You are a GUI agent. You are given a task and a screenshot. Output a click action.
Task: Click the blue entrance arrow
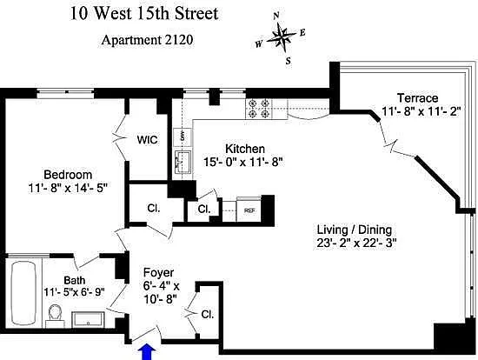point(147,352)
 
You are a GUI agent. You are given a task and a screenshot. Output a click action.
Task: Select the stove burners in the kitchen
point(259,109)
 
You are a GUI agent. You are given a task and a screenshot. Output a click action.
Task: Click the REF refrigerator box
point(249,210)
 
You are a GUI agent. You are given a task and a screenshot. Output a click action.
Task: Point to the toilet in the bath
point(55,317)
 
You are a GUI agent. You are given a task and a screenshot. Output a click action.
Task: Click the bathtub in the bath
point(23,294)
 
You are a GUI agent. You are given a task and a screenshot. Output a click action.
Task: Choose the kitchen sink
point(183,162)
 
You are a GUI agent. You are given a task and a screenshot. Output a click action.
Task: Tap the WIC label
point(147,140)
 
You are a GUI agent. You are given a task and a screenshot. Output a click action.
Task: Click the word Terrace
point(418,98)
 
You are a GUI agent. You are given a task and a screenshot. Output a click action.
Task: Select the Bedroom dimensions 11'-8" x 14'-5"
point(69,188)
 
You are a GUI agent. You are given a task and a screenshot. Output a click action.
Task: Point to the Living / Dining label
point(355,230)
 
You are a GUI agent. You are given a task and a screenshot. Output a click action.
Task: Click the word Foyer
point(158,273)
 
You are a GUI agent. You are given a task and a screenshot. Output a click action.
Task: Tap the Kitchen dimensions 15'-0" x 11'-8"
point(243,162)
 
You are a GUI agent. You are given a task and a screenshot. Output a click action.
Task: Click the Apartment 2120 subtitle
point(147,40)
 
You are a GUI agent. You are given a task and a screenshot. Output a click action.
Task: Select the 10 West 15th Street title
point(144,14)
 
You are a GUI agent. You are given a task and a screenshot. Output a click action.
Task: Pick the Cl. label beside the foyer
point(208,315)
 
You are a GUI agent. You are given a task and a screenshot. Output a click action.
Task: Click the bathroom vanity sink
point(88,319)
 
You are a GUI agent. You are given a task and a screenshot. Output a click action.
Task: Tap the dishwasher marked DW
point(183,137)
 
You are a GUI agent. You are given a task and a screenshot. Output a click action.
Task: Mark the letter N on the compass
point(276,16)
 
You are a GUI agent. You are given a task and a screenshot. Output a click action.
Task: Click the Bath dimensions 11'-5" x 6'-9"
point(75,292)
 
